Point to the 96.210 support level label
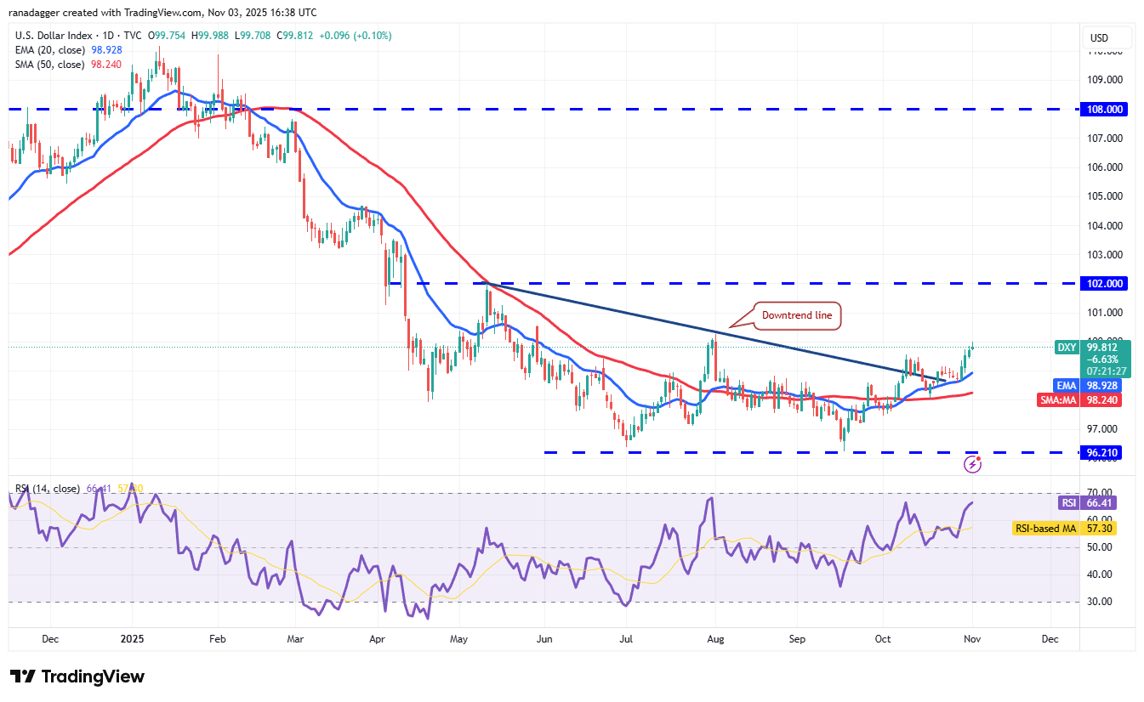coord(1103,453)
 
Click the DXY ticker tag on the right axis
coord(1067,347)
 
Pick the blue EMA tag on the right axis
coord(1066,385)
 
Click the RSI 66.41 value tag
coord(1069,503)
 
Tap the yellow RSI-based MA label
coord(1045,529)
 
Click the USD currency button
coord(1099,37)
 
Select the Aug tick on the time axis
coord(715,638)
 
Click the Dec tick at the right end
coord(1049,638)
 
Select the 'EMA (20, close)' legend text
coord(49,50)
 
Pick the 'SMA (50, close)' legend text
coord(49,65)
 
